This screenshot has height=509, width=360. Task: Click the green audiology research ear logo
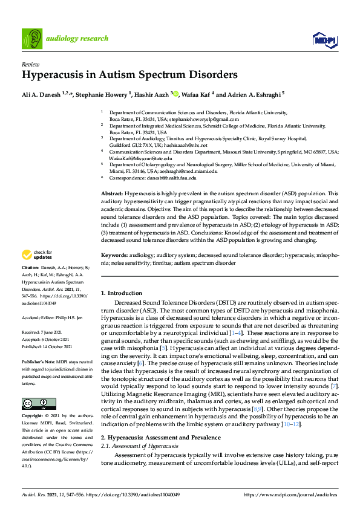coord(32,38)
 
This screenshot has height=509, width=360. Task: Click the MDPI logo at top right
coord(325,40)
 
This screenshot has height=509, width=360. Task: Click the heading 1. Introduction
coord(122,293)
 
